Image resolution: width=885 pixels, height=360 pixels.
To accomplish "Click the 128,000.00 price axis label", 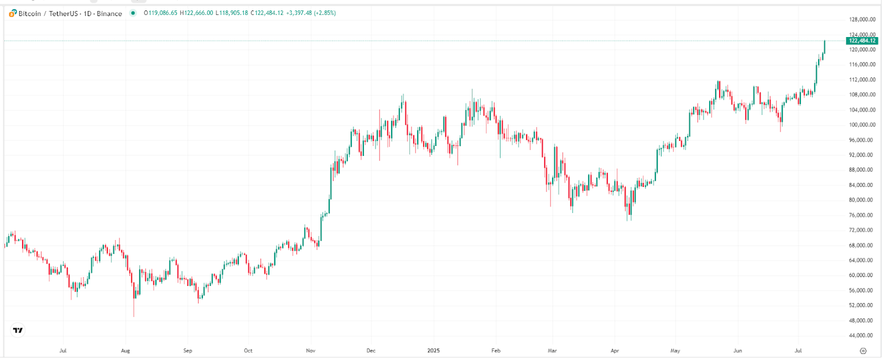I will point(862,19).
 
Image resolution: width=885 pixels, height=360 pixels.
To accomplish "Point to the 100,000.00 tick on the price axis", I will point(862,125).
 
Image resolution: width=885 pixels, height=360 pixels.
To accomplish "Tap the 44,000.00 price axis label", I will point(862,336).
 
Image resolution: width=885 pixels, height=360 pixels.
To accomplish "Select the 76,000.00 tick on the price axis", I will point(862,215).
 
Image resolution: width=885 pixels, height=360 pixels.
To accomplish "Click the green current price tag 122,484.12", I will point(862,41).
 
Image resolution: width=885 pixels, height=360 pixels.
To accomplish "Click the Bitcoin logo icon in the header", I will point(13,13).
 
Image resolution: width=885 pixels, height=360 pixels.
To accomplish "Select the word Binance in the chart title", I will point(110,13).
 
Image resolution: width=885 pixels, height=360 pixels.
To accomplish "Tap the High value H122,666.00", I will point(196,13).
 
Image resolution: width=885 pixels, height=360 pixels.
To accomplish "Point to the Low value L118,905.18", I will point(232,13).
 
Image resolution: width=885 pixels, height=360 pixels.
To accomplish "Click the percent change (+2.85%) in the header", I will point(325,13).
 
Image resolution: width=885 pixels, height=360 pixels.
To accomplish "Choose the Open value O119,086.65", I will point(160,13).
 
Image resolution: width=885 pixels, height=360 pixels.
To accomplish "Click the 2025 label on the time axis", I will point(434,351).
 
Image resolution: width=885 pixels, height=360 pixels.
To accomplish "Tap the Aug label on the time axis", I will point(126,351).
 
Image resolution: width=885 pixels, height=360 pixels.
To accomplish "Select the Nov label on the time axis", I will point(310,351).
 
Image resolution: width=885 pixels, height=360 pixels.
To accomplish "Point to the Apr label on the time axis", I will point(615,351).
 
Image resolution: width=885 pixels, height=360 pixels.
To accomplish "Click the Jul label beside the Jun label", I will point(798,351).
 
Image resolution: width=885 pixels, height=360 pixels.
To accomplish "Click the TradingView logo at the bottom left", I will point(18,330).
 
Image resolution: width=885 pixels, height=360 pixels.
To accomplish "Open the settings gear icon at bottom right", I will point(863,351).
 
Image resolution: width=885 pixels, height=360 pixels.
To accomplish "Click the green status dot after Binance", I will point(133,13).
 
